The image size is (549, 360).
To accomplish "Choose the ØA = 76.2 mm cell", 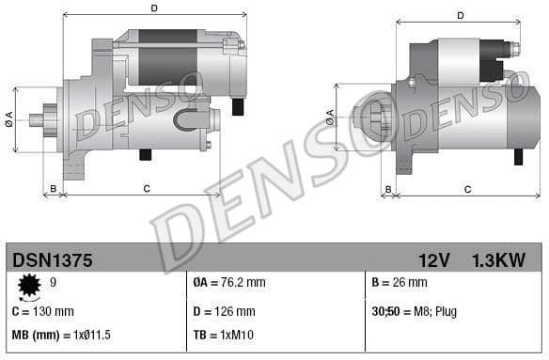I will tap(229, 282).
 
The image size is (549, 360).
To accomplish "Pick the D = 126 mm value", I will tap(224, 311).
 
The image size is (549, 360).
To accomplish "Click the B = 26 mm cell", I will tap(400, 282).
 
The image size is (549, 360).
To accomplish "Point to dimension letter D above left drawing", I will tap(154, 8).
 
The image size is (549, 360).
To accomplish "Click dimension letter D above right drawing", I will tap(461, 15).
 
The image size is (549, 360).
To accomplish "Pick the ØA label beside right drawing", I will tap(330, 116).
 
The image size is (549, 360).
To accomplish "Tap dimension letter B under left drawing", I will tap(54, 189).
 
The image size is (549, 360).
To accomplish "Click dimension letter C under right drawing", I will tap(467, 189).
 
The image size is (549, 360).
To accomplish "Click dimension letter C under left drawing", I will tap(147, 189).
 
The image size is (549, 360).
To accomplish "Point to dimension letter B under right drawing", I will tap(388, 189).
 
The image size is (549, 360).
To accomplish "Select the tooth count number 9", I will tap(53, 282).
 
